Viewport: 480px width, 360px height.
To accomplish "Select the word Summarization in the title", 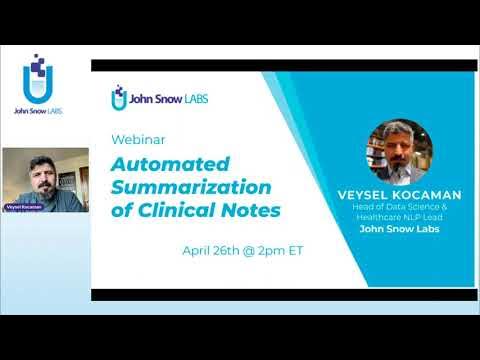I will pyautogui.click(x=191, y=186).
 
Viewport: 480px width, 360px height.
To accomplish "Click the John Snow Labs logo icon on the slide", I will pyautogui.click(x=119, y=97).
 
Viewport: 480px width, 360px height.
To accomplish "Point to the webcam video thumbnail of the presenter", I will pyautogui.click(x=45, y=180).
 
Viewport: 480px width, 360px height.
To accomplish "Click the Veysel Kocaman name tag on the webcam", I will pyautogui.click(x=22, y=206).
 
